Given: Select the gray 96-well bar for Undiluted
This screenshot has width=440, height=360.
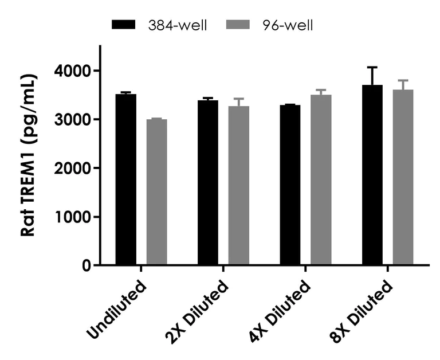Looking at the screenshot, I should (156, 192).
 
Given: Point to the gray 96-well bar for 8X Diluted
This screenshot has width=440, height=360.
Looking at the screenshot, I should (403, 177).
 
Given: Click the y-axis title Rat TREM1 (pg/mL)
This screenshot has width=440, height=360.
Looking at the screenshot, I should (29, 155).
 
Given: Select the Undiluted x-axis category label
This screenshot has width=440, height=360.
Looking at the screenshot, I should (117, 307).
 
